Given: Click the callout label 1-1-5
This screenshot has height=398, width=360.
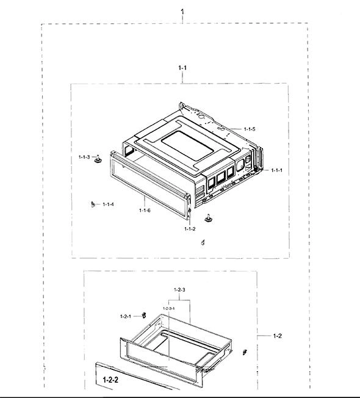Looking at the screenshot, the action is click(250, 129).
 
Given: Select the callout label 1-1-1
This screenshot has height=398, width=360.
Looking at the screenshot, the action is click(276, 170).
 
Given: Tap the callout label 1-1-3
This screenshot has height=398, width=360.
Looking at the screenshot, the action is click(84, 157).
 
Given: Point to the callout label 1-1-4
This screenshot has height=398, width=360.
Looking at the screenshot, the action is click(108, 204).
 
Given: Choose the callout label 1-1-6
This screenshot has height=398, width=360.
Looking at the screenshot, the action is click(145, 210).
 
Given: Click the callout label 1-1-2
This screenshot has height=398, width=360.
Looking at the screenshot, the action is click(190, 229).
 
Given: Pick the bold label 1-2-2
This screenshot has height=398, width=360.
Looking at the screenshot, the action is click(110, 380).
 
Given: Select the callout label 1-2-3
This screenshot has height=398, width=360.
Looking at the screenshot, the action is click(179, 289).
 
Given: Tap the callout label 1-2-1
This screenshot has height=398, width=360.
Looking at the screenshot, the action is click(126, 317).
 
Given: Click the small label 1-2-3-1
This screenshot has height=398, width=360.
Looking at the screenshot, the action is click(168, 308).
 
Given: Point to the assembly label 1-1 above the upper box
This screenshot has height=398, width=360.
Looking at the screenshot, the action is click(182, 68).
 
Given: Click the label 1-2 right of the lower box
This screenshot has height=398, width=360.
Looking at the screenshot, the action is click(277, 336).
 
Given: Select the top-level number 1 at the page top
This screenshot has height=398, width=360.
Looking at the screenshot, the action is click(182, 12).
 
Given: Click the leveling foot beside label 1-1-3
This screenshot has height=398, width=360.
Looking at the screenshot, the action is click(98, 159).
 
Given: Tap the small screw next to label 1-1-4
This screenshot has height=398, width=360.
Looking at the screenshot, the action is click(93, 204).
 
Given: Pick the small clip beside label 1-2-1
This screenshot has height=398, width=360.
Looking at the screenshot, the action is click(144, 315).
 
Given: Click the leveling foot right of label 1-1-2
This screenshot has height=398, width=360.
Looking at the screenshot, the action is click(208, 219).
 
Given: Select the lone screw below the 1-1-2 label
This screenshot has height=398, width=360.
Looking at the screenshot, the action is click(203, 242).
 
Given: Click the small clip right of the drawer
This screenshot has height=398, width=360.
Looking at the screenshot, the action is click(245, 352).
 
